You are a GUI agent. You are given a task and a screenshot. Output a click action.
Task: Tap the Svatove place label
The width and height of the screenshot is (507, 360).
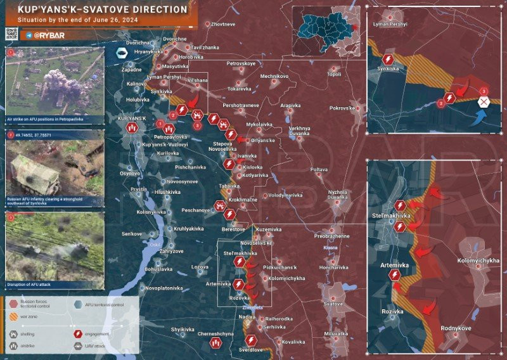[x=333, y=304]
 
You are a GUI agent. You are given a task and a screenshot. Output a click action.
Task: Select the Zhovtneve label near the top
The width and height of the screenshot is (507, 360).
[x=222, y=24]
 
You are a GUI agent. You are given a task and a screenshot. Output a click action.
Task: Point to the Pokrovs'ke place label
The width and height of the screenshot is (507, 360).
[x=342, y=108]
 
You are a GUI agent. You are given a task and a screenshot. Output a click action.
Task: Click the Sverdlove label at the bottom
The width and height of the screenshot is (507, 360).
[x=250, y=349]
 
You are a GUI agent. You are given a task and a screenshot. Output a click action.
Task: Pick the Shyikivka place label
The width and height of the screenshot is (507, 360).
[x=182, y=330]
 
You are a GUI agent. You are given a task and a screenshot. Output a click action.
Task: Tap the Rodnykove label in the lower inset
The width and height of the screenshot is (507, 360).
[x=456, y=328]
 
